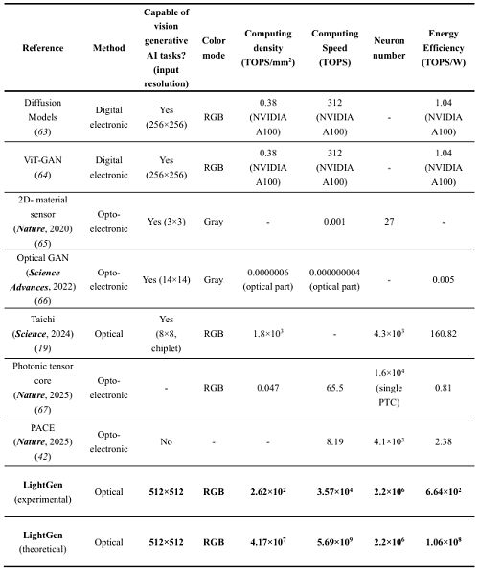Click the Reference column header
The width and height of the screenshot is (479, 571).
pyautogui.click(x=44, y=47)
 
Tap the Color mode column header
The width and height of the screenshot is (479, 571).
pyautogui.click(x=213, y=47)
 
